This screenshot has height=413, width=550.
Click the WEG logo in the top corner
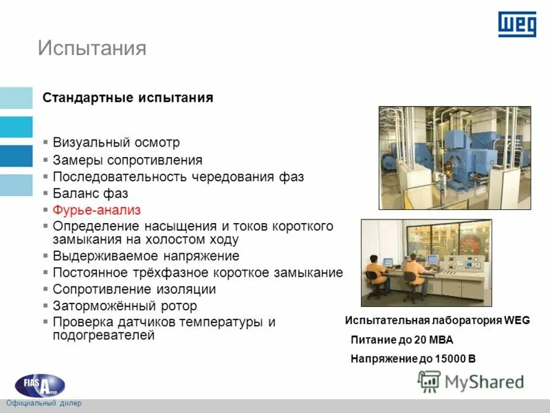pos(516,25)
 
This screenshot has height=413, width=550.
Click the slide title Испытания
pos(91,47)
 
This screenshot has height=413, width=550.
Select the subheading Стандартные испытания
pos(128,98)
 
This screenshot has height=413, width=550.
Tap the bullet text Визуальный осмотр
pos(116,142)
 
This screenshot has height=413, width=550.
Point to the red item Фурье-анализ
pos(96,210)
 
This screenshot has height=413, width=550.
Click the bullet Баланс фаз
pos(90,193)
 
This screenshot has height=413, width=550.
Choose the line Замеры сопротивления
pos(127,160)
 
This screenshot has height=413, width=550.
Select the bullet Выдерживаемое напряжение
pos(146,256)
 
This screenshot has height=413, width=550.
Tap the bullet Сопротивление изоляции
pos(139,289)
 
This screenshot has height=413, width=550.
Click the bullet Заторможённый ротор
pos(124,306)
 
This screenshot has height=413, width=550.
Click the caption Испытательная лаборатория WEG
pos(437,321)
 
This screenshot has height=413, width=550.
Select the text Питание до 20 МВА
pos(401,340)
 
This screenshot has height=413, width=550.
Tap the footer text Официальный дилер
pos(43,403)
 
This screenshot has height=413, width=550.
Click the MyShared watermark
pos(471,381)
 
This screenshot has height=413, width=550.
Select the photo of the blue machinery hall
pos(454,158)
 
